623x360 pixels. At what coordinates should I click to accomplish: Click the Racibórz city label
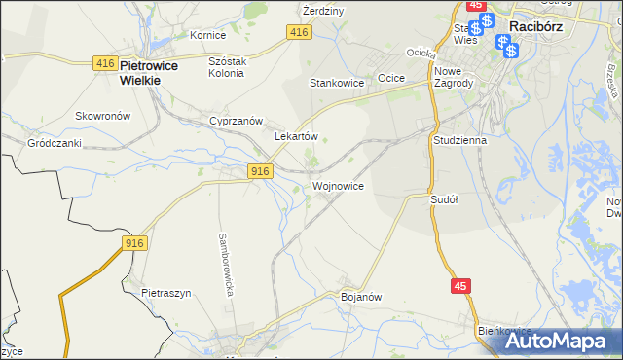(x=545, y=28)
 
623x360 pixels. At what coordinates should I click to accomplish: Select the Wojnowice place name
(x=338, y=185)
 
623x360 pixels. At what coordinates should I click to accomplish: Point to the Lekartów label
(x=297, y=137)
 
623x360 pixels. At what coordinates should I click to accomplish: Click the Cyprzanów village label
(x=237, y=121)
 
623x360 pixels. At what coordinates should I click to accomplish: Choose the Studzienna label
(x=459, y=139)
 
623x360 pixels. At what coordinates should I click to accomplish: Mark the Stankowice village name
(x=337, y=84)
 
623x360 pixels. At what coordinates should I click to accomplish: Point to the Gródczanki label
(x=54, y=142)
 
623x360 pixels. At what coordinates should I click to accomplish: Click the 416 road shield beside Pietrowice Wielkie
(x=106, y=63)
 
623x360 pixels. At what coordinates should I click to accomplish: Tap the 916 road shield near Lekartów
(x=258, y=171)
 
